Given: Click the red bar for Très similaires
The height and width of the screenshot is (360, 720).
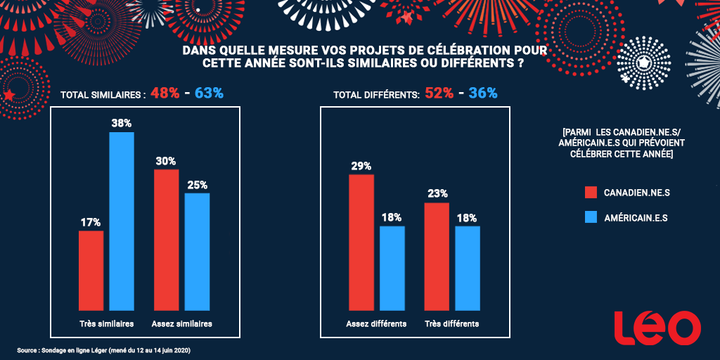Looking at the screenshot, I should (91, 270).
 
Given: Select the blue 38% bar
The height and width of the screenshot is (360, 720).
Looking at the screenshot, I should (121, 221).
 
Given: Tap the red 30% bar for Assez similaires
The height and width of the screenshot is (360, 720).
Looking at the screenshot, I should (166, 239).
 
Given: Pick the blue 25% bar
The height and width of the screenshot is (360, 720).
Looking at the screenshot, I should (197, 251).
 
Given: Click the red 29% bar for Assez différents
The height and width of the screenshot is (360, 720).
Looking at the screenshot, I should (361, 242).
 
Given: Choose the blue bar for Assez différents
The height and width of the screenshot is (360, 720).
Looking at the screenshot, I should (392, 268).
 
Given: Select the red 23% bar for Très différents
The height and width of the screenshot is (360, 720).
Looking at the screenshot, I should (437, 256).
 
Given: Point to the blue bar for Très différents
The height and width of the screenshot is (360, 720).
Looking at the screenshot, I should (468, 268).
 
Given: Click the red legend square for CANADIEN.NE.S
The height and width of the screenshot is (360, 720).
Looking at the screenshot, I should (591, 193).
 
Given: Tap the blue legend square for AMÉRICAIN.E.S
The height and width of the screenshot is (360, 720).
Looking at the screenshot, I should (591, 218).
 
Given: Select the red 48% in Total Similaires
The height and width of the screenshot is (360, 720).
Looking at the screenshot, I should (164, 94).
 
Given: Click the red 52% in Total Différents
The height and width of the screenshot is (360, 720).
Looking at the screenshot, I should (439, 94).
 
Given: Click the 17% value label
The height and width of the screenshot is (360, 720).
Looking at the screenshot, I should (91, 223).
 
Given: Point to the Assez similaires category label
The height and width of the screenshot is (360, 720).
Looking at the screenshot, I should (181, 324).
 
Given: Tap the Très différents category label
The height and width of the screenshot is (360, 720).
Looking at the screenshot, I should (452, 324).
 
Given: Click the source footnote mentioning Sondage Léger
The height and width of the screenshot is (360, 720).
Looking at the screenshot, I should (104, 349).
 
